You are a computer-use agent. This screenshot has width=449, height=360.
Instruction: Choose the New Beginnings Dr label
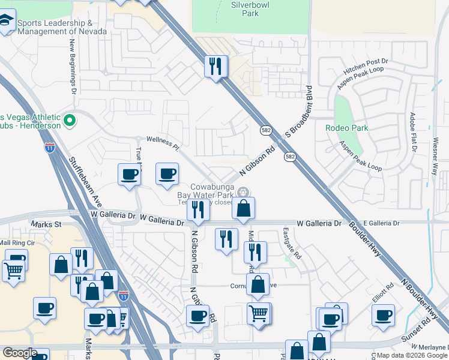pyautogui.click(x=73, y=67)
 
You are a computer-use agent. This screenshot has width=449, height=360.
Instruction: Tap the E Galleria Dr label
pyautogui.click(x=381, y=223)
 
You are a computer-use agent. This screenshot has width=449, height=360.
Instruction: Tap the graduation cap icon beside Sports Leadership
pyautogui.click(x=7, y=23)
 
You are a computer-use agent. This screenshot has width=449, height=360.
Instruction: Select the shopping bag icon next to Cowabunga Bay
pyautogui.click(x=244, y=208)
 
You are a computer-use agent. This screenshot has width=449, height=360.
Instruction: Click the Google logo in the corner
pyautogui.click(x=20, y=352)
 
